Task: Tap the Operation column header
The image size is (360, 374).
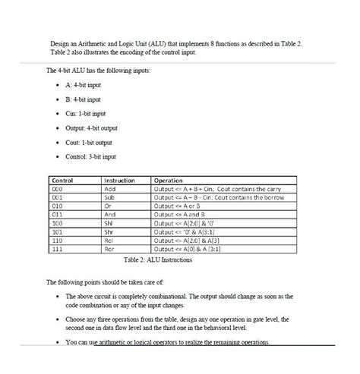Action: tap(169, 181)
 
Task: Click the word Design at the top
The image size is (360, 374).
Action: tap(60, 44)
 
